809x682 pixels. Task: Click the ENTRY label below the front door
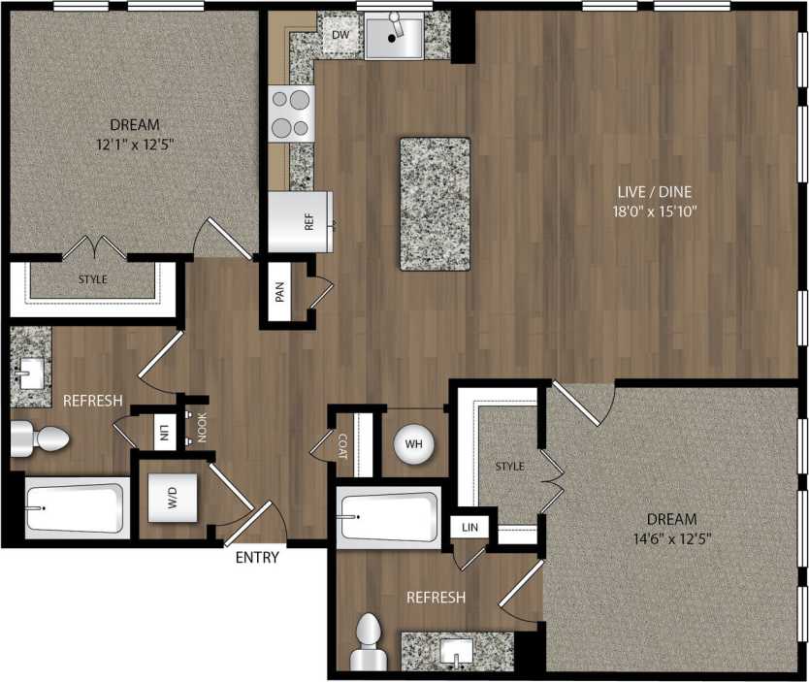pyautogui.click(x=257, y=558)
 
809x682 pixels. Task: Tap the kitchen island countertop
pyautogui.click(x=435, y=204)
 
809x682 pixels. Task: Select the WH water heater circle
pyautogui.click(x=413, y=443)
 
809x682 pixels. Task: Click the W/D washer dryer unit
pyautogui.click(x=174, y=500)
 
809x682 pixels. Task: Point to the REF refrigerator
pyautogui.click(x=301, y=222)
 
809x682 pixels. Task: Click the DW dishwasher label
pyautogui.click(x=340, y=36)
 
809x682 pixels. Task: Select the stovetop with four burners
pyautogui.click(x=292, y=114)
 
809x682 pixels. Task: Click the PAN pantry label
pyautogui.click(x=280, y=292)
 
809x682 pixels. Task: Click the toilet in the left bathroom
pyautogui.click(x=41, y=439)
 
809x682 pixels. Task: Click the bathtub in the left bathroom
pyautogui.click(x=77, y=508)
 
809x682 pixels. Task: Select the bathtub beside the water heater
pyautogui.click(x=388, y=517)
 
